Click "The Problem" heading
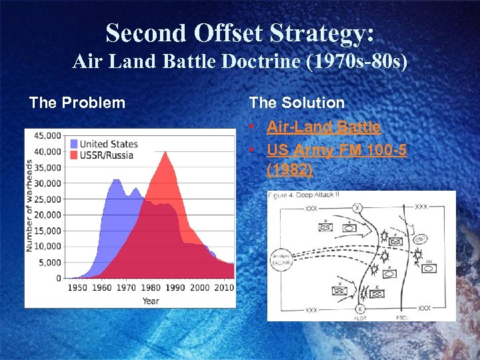77,103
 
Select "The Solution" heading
297,103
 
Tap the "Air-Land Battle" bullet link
323,127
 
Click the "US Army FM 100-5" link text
337,151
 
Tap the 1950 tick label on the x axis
77,287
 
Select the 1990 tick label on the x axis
175,287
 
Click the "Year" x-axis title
150,301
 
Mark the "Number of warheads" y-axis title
30,205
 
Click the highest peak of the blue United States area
116,180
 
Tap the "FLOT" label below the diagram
360,318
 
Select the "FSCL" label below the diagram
402,318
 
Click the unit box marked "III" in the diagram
430,268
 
